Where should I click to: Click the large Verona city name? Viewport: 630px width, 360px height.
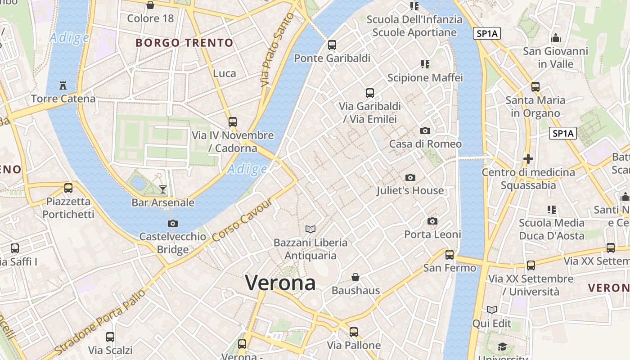280,283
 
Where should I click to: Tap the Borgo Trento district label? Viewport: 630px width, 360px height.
184,43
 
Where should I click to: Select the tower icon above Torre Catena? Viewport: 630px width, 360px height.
63,85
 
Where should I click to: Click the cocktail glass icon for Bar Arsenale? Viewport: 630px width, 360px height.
163,189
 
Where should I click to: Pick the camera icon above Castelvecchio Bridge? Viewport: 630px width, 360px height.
172,223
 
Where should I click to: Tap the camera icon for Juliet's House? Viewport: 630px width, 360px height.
410,177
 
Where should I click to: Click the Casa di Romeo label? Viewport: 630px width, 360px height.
425,144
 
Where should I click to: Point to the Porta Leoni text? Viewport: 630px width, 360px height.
432,234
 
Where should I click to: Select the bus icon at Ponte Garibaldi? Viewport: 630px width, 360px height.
332,45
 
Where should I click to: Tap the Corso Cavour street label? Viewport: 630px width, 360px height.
242,219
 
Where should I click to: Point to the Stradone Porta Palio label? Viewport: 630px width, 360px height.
101,321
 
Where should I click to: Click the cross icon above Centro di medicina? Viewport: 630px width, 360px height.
528,159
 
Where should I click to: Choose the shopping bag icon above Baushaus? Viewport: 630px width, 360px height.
355,277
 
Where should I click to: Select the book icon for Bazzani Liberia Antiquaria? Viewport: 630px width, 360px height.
310,229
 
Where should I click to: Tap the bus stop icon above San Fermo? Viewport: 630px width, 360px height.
449,255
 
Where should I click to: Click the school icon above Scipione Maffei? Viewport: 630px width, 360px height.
425,64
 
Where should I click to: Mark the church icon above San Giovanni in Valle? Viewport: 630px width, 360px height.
556,38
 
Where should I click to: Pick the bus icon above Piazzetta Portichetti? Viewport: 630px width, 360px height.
68,188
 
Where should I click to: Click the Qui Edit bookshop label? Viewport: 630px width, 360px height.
491,324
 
